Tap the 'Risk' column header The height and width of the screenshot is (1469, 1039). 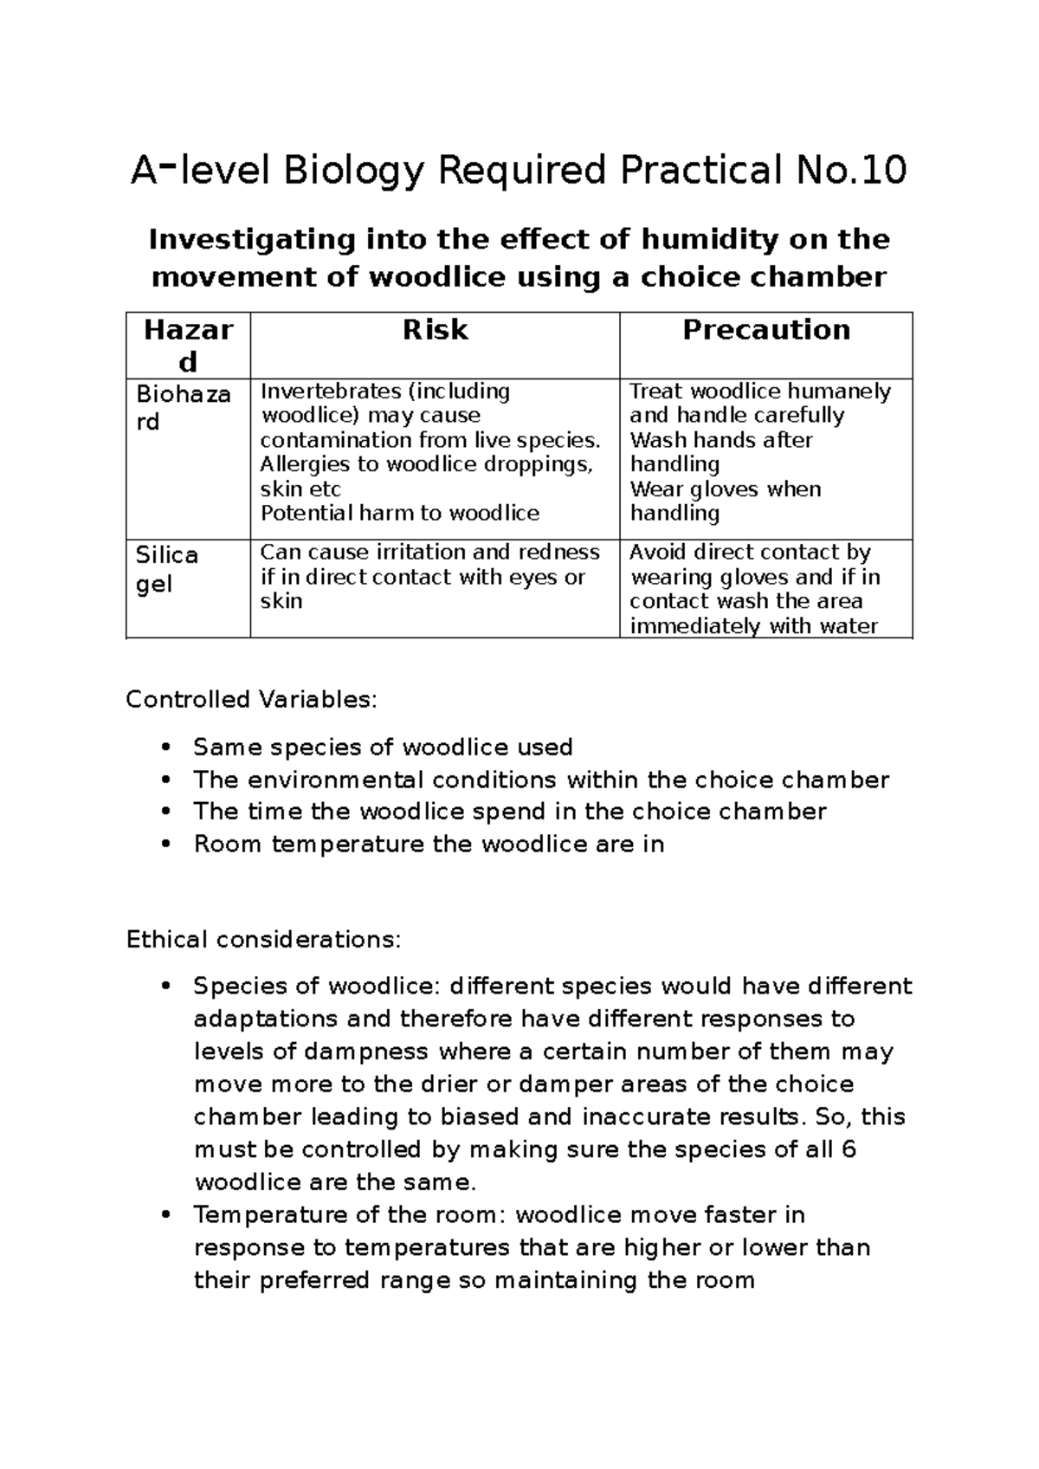(x=435, y=330)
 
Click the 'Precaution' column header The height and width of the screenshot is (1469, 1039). (x=765, y=330)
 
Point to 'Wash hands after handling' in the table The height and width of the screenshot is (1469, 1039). (x=720, y=451)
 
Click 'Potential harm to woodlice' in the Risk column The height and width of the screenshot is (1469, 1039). (x=399, y=513)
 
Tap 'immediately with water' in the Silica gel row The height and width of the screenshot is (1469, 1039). (x=753, y=625)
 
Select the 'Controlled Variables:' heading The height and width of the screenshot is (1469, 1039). (x=251, y=699)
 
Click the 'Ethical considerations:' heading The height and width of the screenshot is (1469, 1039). (x=263, y=940)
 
